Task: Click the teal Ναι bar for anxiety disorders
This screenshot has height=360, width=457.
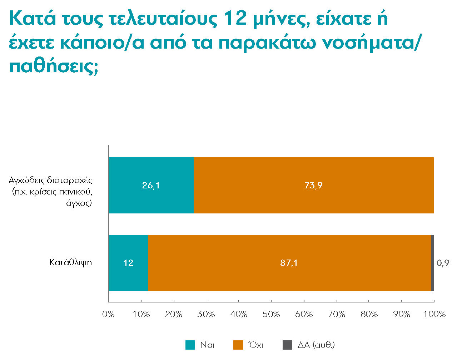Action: pos(151,200)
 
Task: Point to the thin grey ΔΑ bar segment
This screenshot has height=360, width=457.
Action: pos(432,263)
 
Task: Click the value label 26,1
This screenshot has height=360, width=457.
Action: pos(151,185)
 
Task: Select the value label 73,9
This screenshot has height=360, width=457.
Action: pos(313,185)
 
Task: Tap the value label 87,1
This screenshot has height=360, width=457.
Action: pos(289,263)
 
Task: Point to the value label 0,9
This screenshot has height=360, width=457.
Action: pos(443,263)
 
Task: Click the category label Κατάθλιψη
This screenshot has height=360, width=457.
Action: pos(71,263)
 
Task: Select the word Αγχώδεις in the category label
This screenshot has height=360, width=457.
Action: pos(26,180)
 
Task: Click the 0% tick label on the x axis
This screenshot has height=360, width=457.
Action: pos(108,314)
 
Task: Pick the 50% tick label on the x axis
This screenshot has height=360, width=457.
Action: pos(271,314)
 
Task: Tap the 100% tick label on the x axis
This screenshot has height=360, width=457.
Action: pos(434,314)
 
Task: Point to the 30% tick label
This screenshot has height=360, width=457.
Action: pos(206,314)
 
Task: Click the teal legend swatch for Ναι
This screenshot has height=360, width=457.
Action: pos(190,345)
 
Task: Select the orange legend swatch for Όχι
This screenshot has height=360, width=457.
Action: pos(238,345)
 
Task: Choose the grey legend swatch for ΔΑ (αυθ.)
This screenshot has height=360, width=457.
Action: pos(287,345)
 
